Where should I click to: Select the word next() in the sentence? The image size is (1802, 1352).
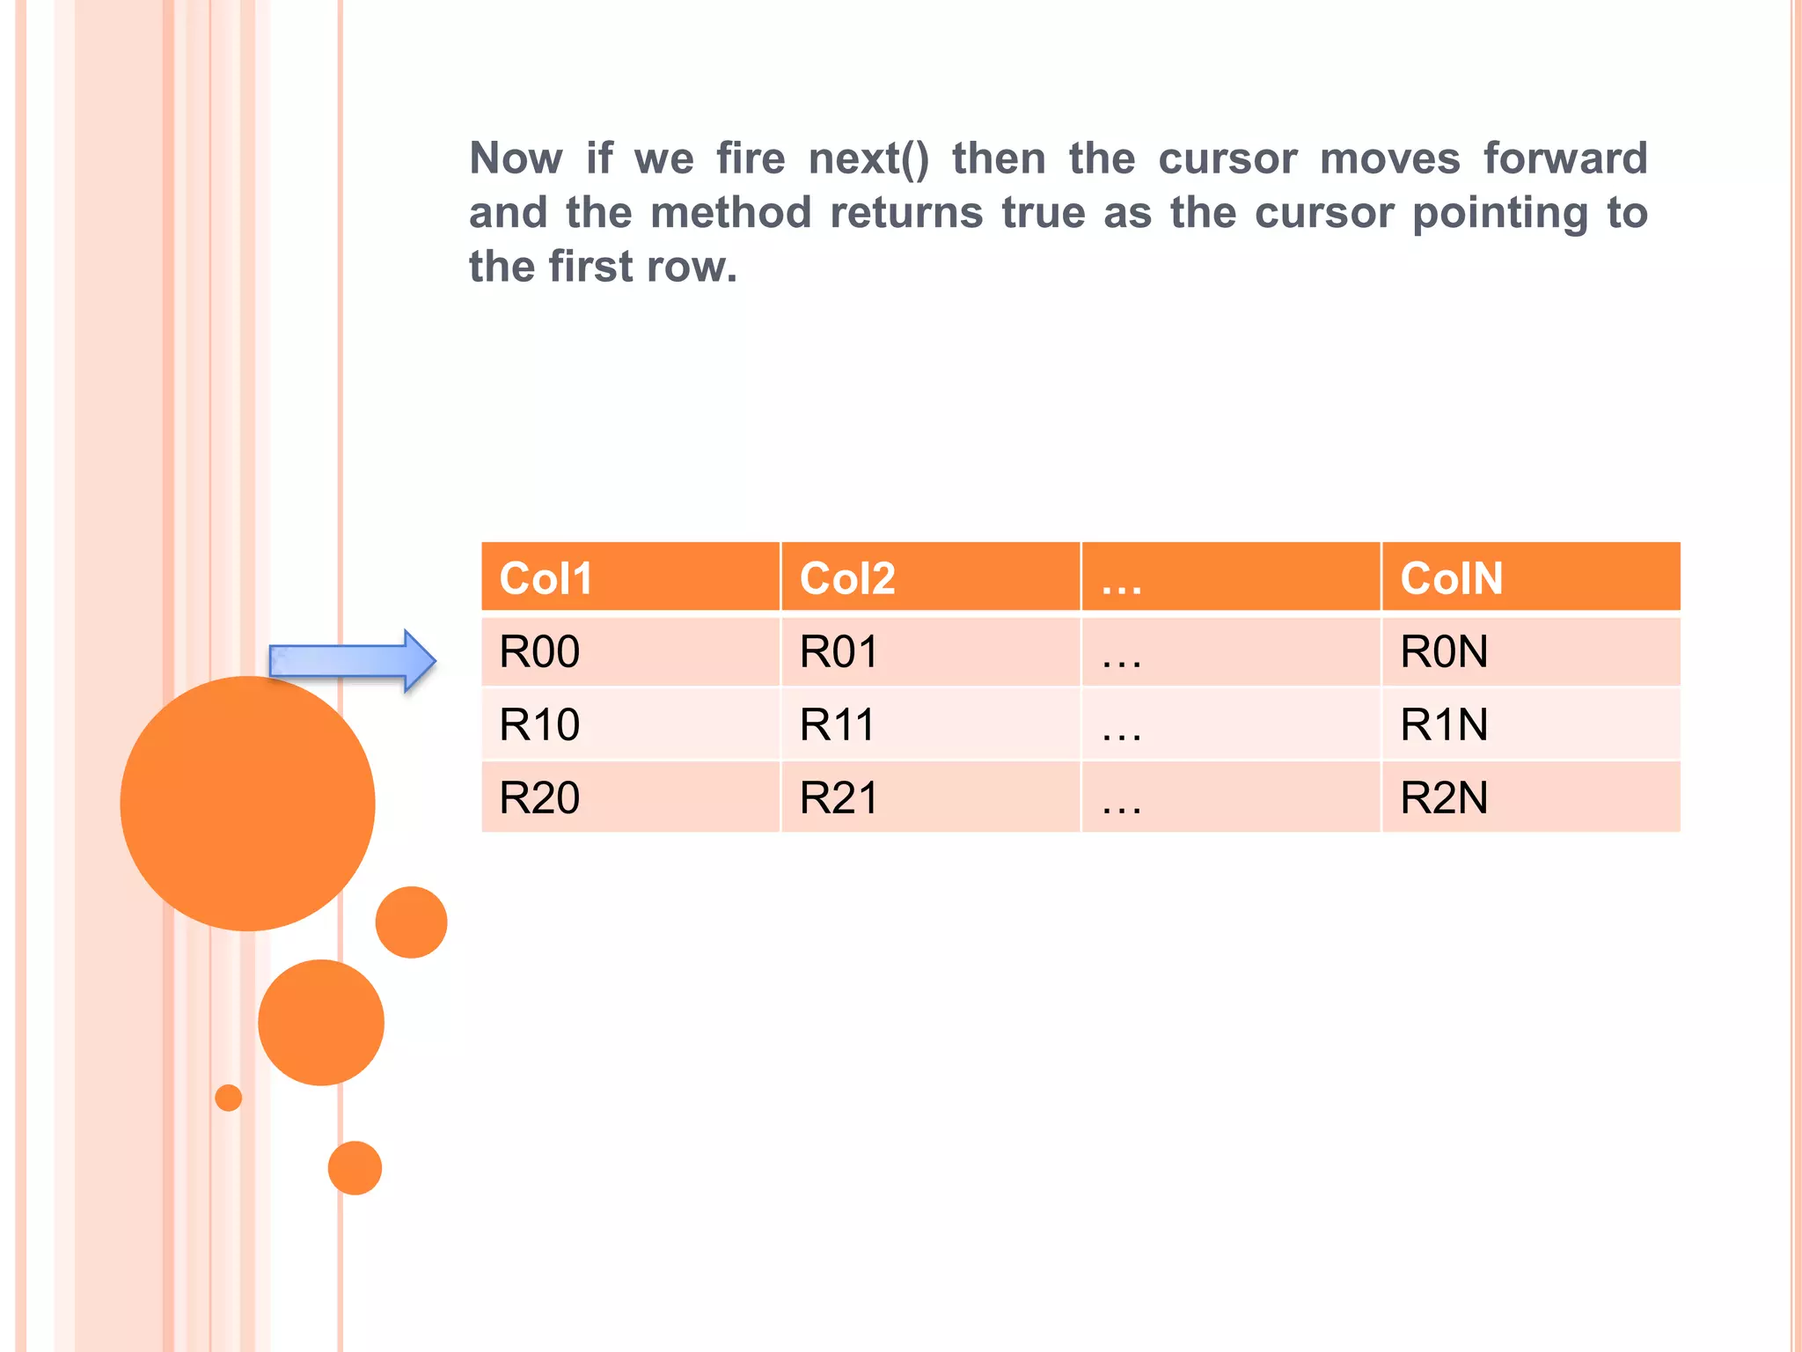tap(868, 159)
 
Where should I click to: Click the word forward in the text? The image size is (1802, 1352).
tap(1564, 159)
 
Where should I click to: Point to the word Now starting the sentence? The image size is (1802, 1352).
tap(516, 159)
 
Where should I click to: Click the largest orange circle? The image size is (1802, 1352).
tap(247, 803)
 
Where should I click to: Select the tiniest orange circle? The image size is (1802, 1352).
tap(229, 1098)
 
